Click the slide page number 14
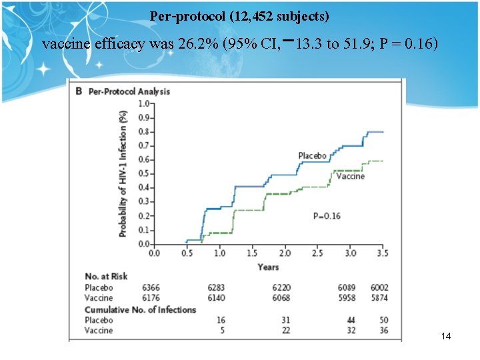pyautogui.click(x=446, y=336)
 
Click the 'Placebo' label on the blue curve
pyautogui.click(x=312, y=155)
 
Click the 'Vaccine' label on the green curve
pyautogui.click(x=350, y=176)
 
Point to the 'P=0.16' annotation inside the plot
pyautogui.click(x=327, y=216)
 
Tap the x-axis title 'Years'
pyautogui.click(x=269, y=267)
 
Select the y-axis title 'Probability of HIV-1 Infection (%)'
pyautogui.click(x=123, y=173)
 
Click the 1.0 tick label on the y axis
pyautogui.click(x=143, y=103)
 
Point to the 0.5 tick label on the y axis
pyautogui.click(x=143, y=173)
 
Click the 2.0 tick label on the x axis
pyautogui.click(x=285, y=253)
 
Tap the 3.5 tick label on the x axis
pyautogui.click(x=383, y=253)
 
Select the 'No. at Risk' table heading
pyautogui.click(x=106, y=276)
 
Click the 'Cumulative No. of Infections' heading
pyautogui.click(x=140, y=309)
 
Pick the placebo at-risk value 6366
pyautogui.click(x=151, y=287)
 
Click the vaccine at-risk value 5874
pyautogui.click(x=379, y=298)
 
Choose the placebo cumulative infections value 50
pyautogui.click(x=383, y=320)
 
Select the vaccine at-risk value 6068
pyautogui.click(x=281, y=298)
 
